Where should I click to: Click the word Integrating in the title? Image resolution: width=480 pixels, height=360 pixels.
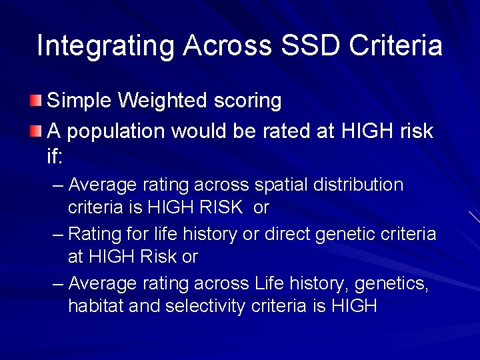[105, 46]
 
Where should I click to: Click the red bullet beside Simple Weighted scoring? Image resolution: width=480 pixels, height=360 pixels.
[35, 101]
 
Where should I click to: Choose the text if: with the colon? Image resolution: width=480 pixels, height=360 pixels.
[54, 157]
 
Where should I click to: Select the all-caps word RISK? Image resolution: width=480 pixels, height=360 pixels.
[221, 207]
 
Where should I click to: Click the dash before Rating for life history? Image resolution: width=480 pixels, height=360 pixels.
[58, 235]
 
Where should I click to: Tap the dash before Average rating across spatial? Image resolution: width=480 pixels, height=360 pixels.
[58, 185]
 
